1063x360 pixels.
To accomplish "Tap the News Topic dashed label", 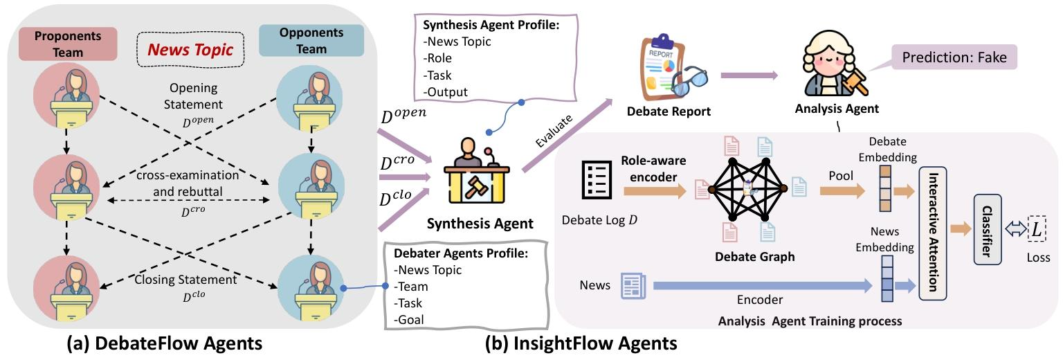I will click(192, 49).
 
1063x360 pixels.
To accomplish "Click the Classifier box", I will click(988, 229).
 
